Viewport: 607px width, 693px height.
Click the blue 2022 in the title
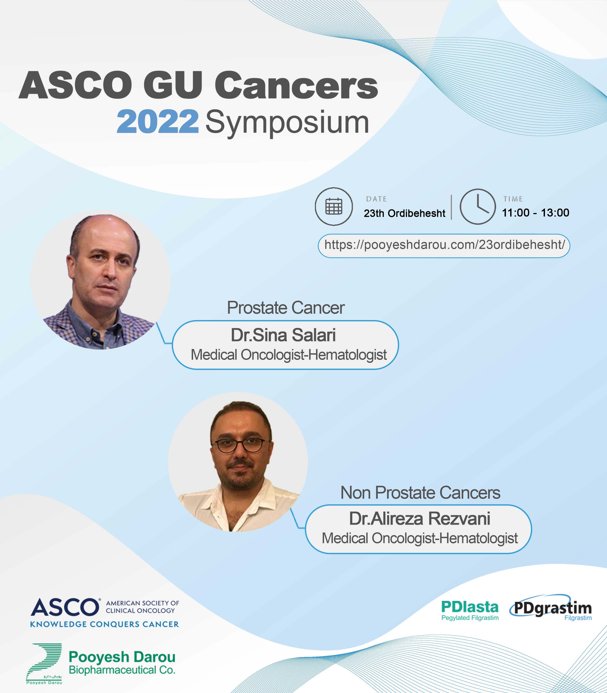click(x=158, y=122)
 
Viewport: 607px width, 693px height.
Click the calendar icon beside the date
click(x=334, y=206)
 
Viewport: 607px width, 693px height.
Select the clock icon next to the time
click(x=477, y=206)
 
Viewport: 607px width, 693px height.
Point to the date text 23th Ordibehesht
click(x=404, y=213)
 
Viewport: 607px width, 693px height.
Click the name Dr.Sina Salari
click(x=283, y=335)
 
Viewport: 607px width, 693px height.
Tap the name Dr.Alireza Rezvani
click(x=420, y=518)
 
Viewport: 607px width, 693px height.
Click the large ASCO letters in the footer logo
click(x=64, y=607)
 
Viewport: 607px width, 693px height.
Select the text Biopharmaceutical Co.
click(x=122, y=670)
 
